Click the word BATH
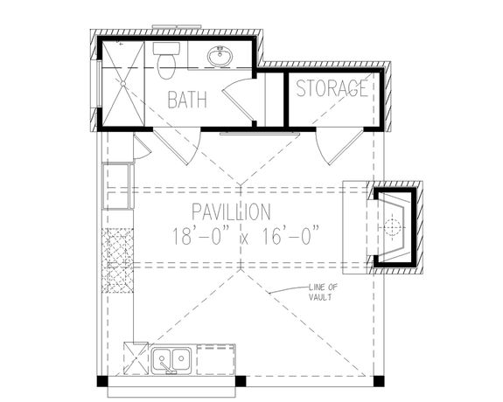(188, 99)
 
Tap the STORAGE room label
(332, 89)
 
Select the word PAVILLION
(231, 211)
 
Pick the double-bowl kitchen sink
(171, 359)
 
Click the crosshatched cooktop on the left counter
(117, 260)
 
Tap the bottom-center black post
(241, 382)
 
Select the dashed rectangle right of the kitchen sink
(216, 358)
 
